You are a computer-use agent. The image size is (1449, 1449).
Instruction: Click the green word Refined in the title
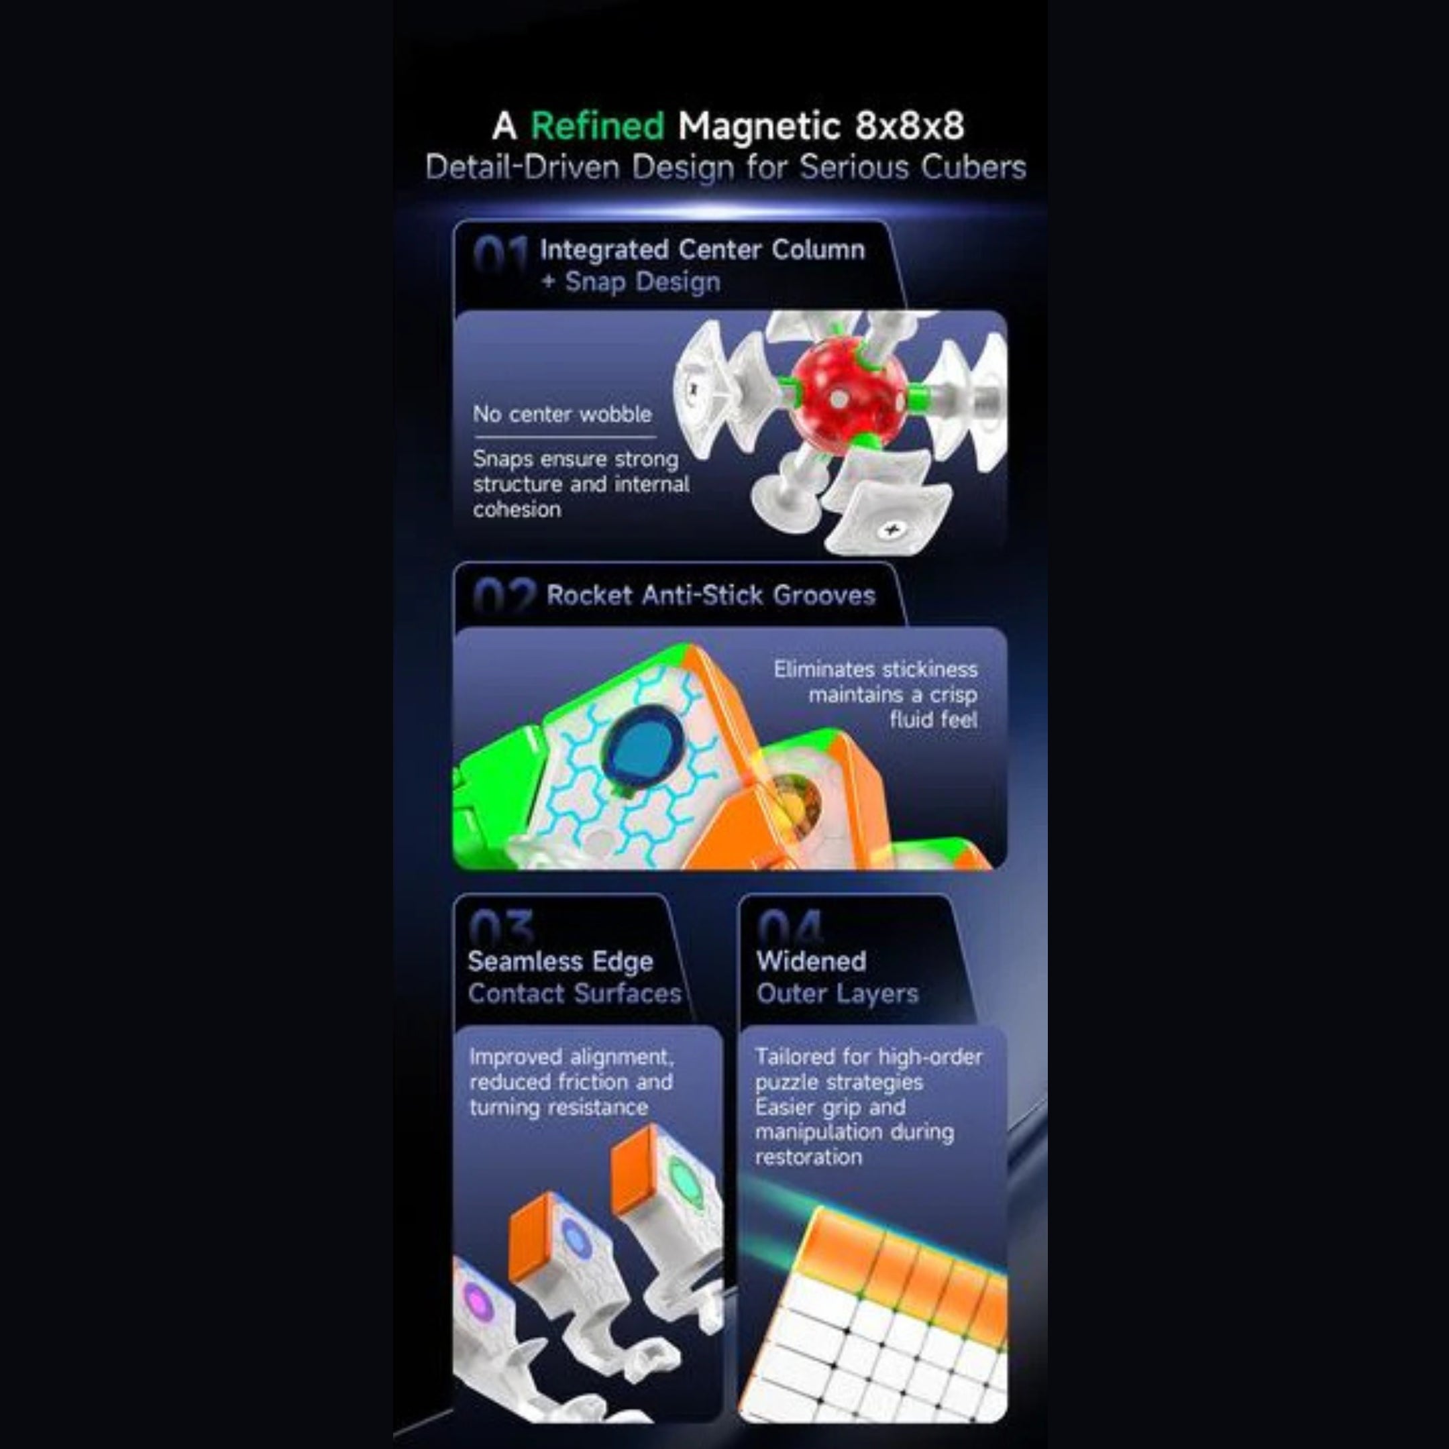tap(597, 126)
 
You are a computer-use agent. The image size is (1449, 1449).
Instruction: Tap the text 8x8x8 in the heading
tap(910, 126)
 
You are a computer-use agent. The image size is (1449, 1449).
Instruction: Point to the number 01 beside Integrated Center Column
tap(500, 256)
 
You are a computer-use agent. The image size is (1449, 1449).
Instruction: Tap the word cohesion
tap(517, 510)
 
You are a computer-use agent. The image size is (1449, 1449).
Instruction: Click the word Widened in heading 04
tap(812, 961)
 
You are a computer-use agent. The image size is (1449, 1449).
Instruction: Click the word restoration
tap(808, 1157)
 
